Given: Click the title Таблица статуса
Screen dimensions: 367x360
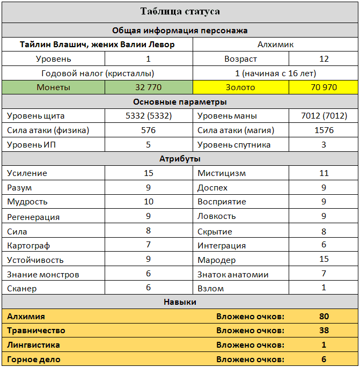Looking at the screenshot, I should pos(180,11).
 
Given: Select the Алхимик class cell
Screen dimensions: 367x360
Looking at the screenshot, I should pos(275,45).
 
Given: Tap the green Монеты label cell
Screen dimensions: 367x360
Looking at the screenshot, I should pos(53,87).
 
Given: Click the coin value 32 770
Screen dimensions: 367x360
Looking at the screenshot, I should pos(148,87).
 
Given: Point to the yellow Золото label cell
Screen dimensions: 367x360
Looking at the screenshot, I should pos(240,87).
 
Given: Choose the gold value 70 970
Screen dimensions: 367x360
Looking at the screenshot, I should pos(324,87).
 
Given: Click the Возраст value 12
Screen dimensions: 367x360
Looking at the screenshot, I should pos(324,59).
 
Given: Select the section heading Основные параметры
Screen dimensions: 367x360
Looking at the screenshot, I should pos(180,101).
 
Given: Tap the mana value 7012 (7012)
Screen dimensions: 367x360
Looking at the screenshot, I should pos(324,115).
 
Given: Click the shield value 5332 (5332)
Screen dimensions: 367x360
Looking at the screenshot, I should pos(148,115).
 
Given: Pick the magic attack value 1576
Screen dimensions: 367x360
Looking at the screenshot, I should pos(324,130).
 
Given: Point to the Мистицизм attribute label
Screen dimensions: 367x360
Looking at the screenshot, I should pos(222,173).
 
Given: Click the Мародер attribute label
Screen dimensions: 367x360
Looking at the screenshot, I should pos(216,260).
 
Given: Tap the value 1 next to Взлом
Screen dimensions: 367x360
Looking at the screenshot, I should pos(324,288).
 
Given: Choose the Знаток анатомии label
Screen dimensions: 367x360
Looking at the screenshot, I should pos(233,275).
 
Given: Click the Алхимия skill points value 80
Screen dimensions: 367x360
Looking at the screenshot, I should pos(324,317).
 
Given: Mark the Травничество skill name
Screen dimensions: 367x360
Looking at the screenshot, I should pos(36,331).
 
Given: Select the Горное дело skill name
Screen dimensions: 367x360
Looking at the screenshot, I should pos(33,359).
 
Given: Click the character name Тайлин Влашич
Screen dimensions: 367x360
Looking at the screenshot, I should pos(54,45).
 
